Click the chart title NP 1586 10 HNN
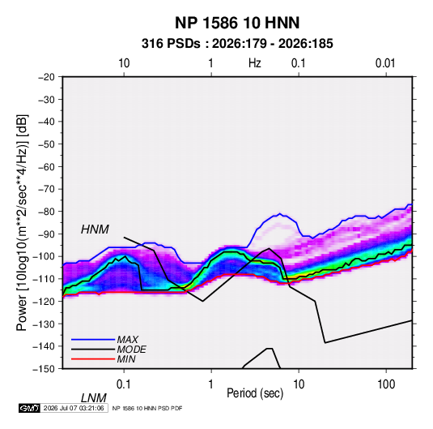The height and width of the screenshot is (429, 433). pyautogui.click(x=237, y=23)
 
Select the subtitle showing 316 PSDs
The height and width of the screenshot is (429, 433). pyautogui.click(x=237, y=44)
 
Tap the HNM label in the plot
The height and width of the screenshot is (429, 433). pyautogui.click(x=95, y=230)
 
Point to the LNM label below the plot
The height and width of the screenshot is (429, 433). pyautogui.click(x=94, y=398)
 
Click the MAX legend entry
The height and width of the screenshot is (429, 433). pyautogui.click(x=127, y=339)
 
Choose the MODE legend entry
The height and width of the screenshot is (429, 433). pyautogui.click(x=131, y=350)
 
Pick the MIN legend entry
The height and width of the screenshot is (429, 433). pyautogui.click(x=126, y=359)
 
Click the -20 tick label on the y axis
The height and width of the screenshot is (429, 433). pyautogui.click(x=46, y=77)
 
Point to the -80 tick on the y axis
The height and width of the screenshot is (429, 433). pyautogui.click(x=46, y=212)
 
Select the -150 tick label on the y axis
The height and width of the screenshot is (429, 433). pyautogui.click(x=44, y=369)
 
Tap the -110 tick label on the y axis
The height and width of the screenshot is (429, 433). pyautogui.click(x=44, y=279)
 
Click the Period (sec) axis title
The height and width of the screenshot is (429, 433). pyautogui.click(x=255, y=393)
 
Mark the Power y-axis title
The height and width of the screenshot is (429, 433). pyautogui.click(x=22, y=223)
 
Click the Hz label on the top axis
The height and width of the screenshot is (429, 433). pyautogui.click(x=255, y=63)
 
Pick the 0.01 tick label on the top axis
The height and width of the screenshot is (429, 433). pyautogui.click(x=385, y=63)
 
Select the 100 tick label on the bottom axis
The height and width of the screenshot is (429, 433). pyautogui.click(x=386, y=384)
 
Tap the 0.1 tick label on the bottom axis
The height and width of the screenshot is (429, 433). pyautogui.click(x=124, y=384)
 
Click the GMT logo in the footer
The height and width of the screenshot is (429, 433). pyautogui.click(x=30, y=408)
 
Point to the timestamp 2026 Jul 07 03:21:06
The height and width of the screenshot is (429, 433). pyautogui.click(x=74, y=408)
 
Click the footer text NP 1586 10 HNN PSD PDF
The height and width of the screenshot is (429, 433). pyautogui.click(x=147, y=408)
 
